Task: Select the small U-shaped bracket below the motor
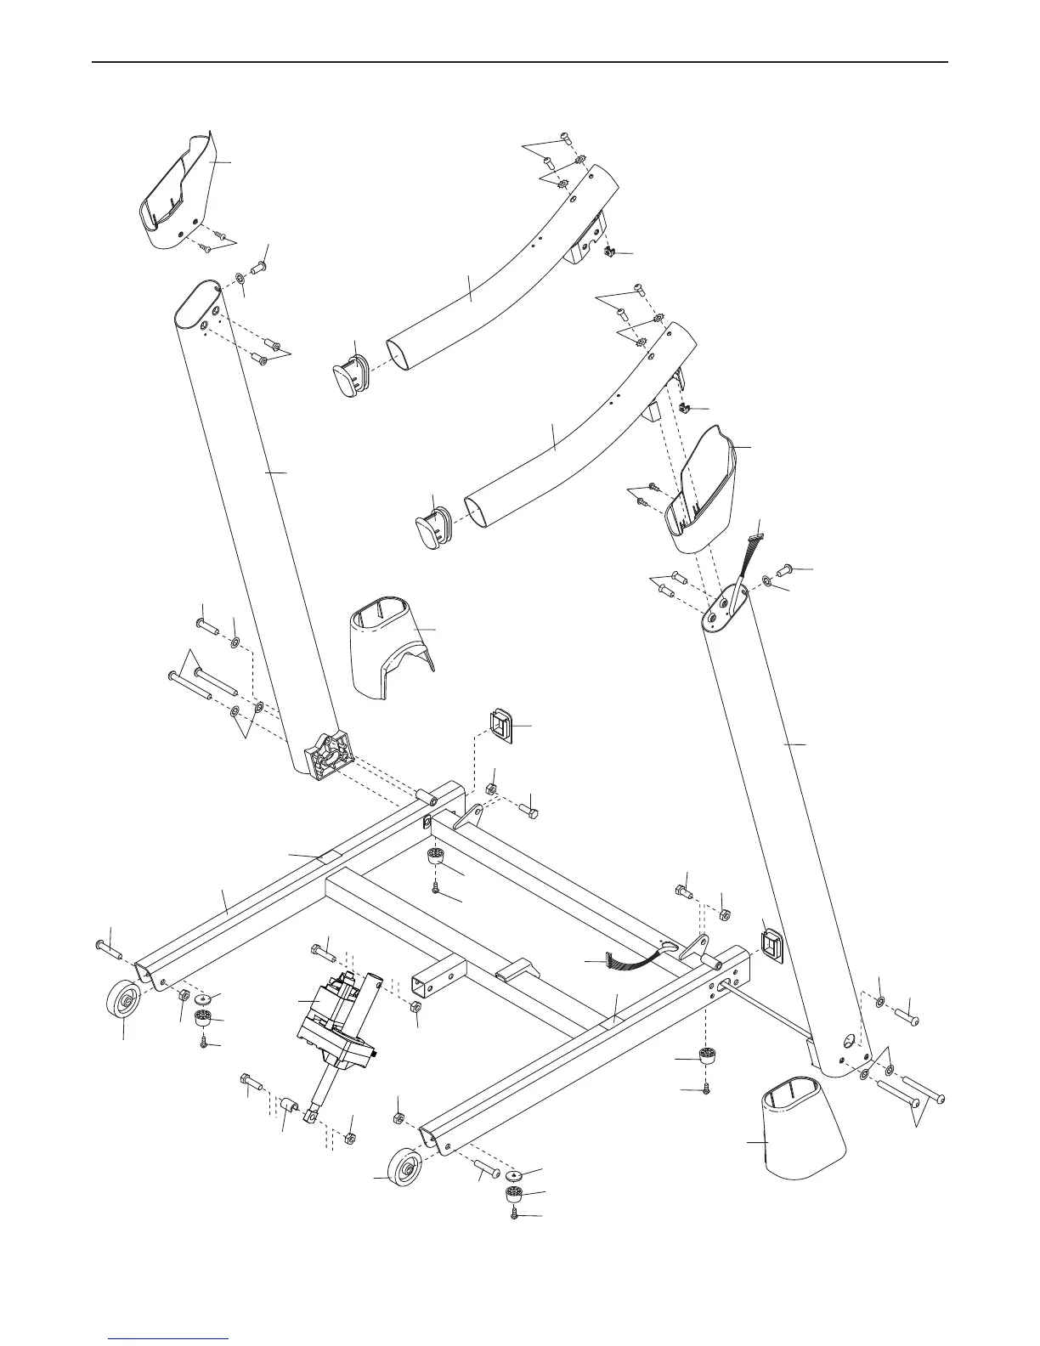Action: [289, 1106]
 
